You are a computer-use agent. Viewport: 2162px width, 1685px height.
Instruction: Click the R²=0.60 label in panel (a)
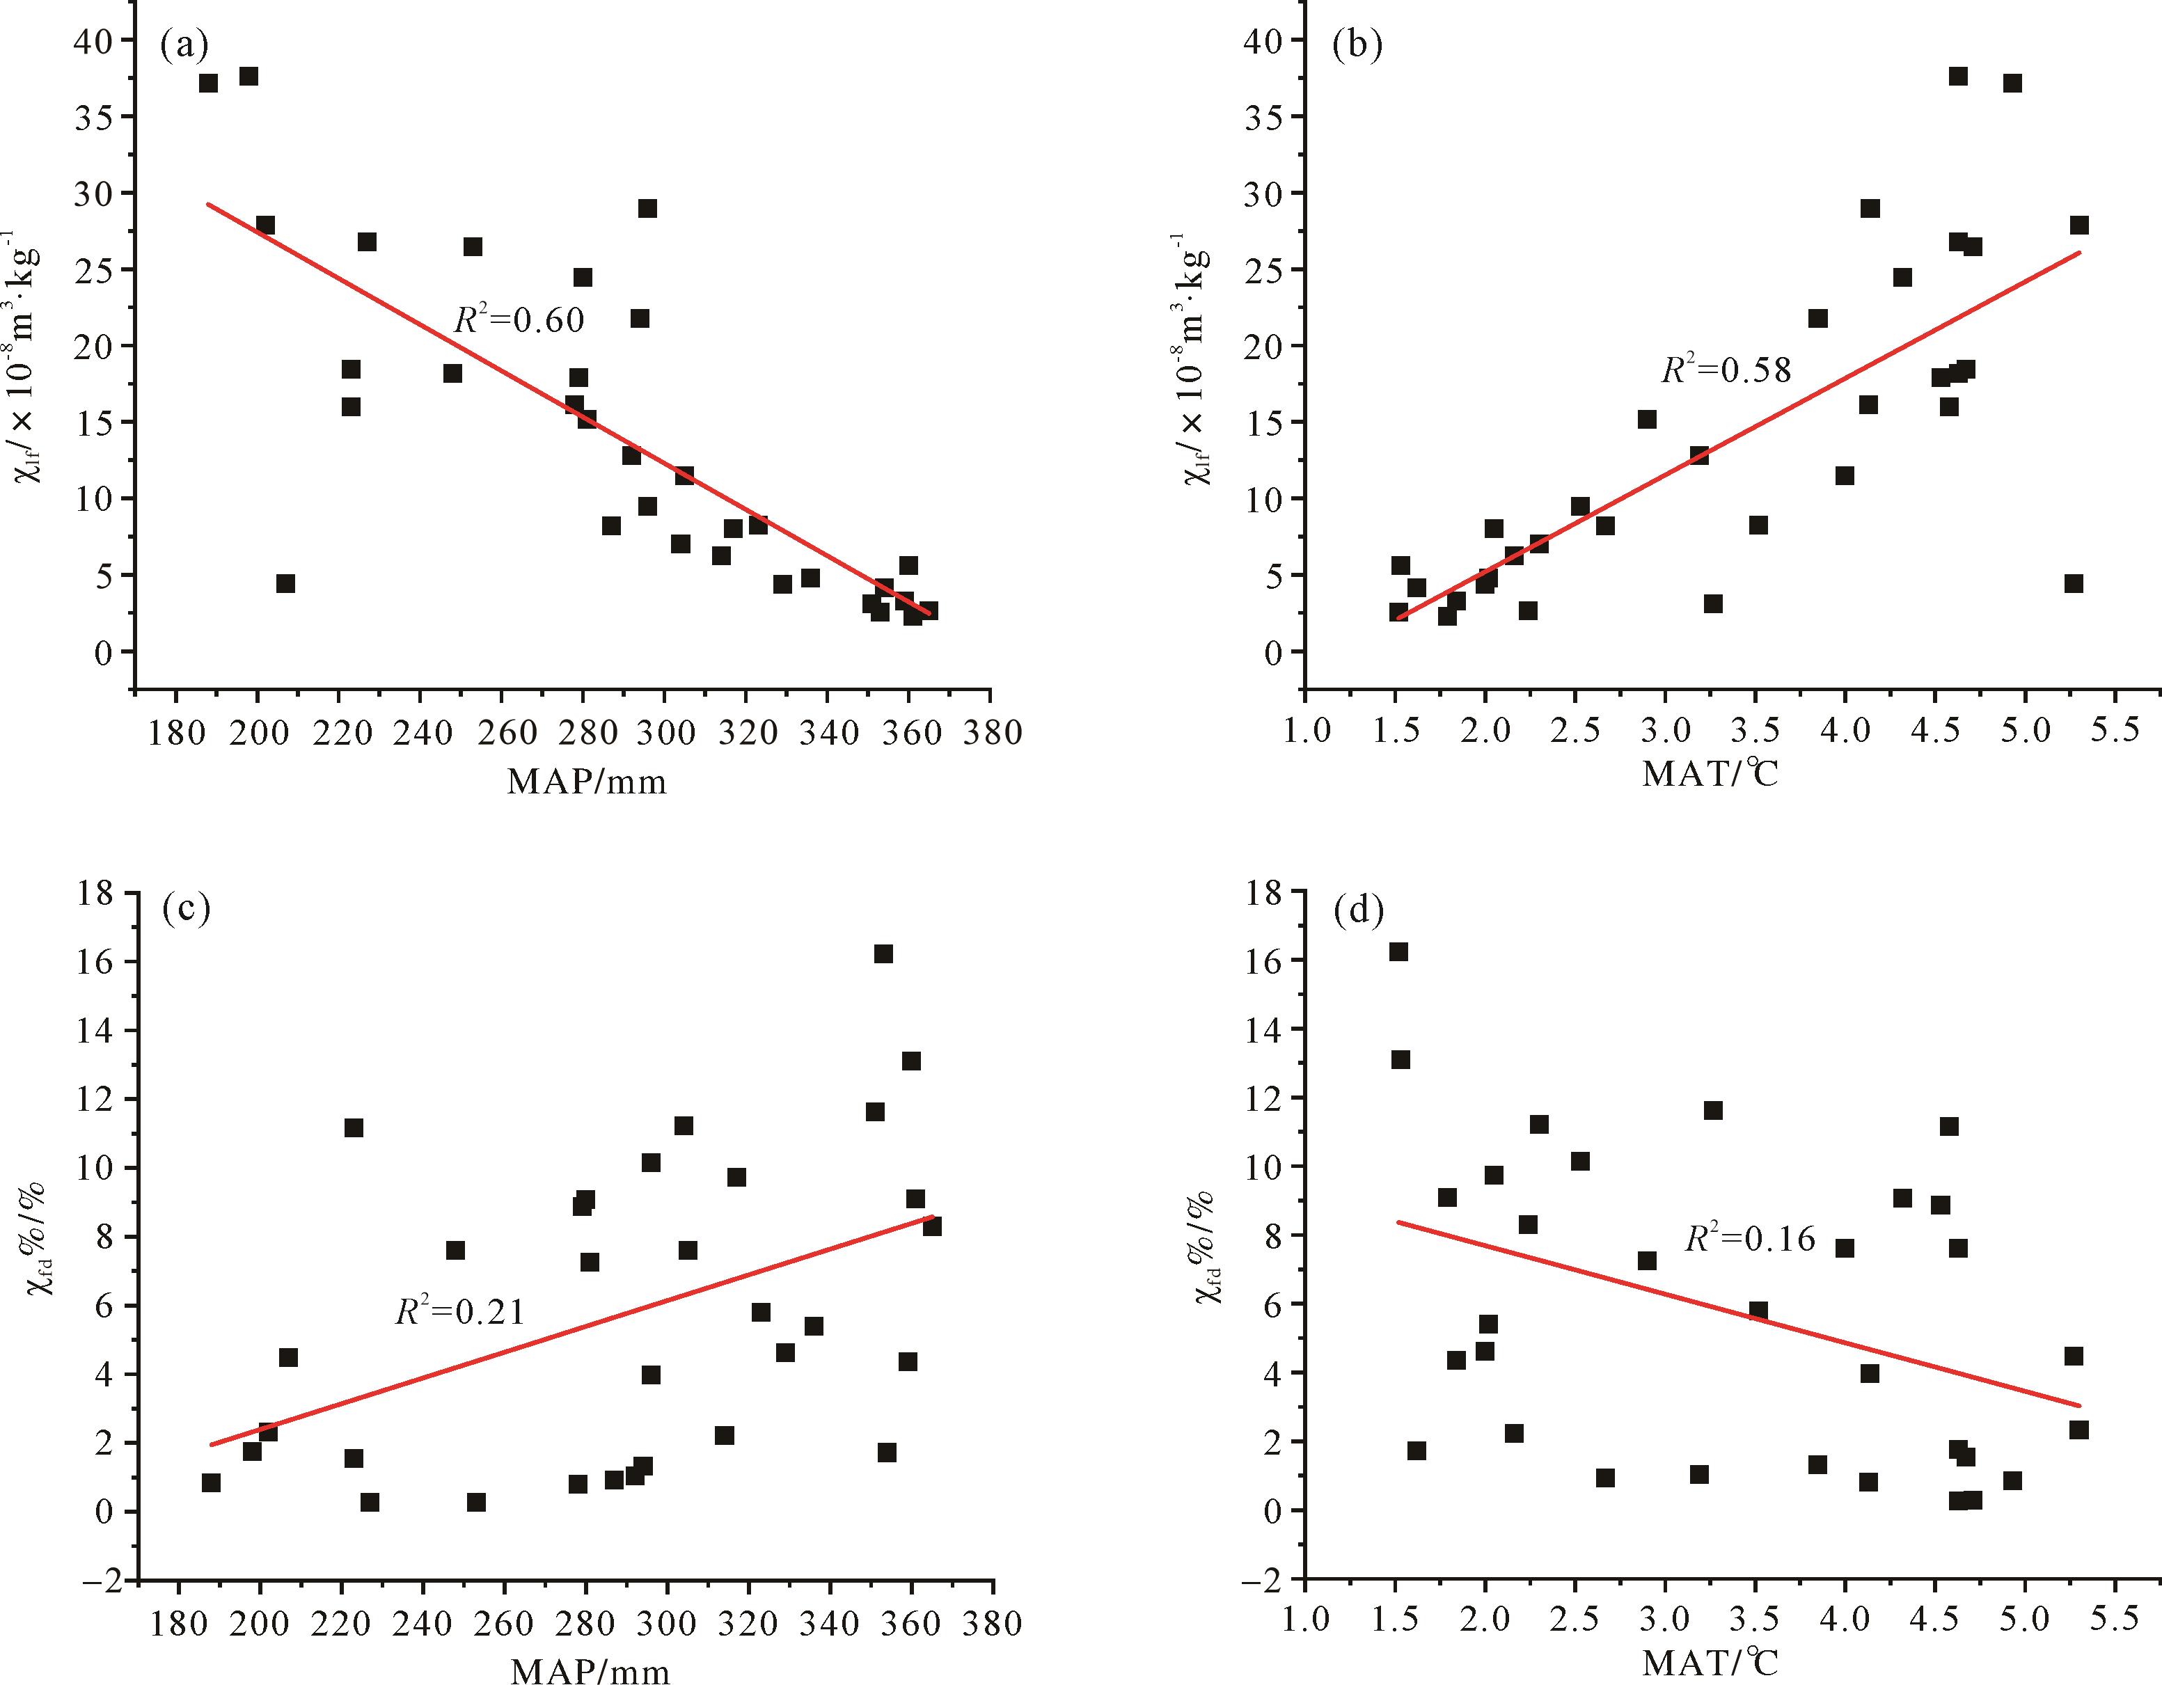pos(519,319)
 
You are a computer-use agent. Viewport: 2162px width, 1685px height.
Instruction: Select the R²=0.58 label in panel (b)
pos(1726,370)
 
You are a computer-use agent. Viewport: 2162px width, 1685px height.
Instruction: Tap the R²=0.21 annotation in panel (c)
pos(460,1312)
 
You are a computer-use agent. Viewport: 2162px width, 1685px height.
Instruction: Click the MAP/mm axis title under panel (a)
pos(587,782)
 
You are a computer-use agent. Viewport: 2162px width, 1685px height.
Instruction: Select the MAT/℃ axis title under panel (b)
pos(1710,774)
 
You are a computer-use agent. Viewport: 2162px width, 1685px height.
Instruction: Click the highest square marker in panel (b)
pos(1958,77)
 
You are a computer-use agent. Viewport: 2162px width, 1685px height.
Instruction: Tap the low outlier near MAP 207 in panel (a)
pos(285,584)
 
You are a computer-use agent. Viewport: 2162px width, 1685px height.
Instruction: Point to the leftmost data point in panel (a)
pos(208,83)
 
